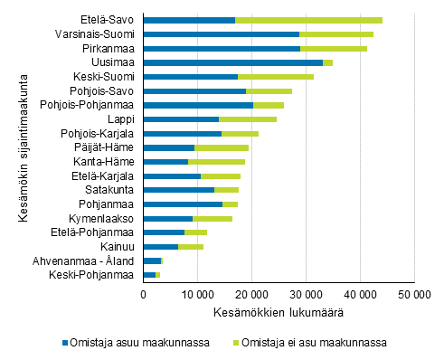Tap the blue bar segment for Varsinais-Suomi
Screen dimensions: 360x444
click(x=221, y=33)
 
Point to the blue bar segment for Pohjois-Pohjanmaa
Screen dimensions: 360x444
click(x=198, y=105)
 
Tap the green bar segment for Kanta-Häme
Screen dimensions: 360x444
click(x=216, y=161)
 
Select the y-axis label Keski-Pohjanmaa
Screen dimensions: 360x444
click(x=95, y=274)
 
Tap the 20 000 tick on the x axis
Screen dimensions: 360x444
click(x=251, y=294)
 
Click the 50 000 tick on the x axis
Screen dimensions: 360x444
click(x=414, y=294)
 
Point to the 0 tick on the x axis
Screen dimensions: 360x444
click(x=144, y=294)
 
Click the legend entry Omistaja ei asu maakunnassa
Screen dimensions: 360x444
click(x=312, y=342)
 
